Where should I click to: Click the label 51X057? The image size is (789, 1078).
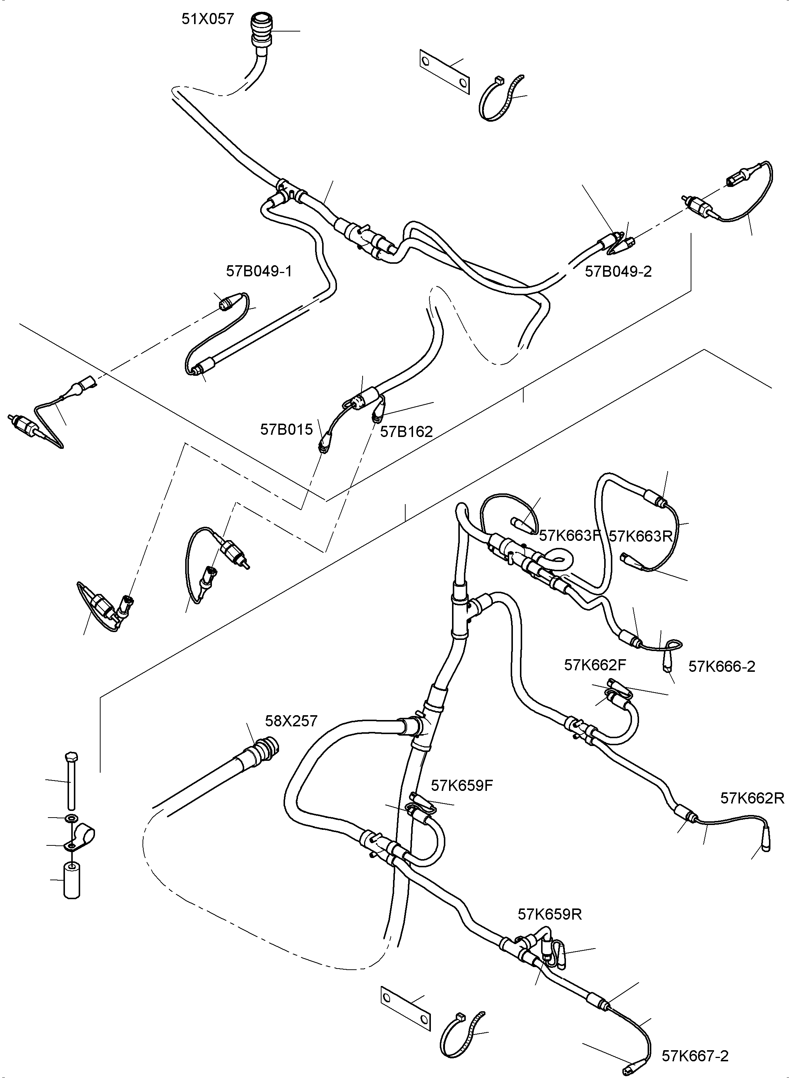(208, 19)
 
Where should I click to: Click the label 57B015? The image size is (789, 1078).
(286, 429)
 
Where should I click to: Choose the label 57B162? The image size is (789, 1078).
(406, 431)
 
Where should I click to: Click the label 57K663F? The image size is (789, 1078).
(569, 536)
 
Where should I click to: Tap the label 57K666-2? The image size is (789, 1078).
(722, 667)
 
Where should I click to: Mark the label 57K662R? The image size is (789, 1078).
(752, 798)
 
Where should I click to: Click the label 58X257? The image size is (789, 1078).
(291, 721)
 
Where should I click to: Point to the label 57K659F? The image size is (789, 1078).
(461, 785)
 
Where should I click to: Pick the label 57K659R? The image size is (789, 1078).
(550, 914)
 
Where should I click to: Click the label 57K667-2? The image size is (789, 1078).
(695, 1056)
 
